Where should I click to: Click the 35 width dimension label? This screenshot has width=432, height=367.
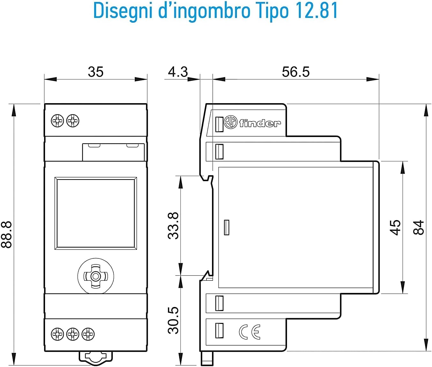pyautogui.click(x=95, y=72)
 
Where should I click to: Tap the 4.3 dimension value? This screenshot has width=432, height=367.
pyautogui.click(x=178, y=72)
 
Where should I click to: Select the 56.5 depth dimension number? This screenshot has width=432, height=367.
pyautogui.click(x=296, y=72)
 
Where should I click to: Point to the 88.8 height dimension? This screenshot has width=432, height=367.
pyautogui.click(x=6, y=235)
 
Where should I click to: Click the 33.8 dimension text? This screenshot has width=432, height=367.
pyautogui.click(x=173, y=226)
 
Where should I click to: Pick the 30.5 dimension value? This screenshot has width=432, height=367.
pyautogui.click(x=173, y=320)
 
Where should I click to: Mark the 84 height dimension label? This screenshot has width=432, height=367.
pyautogui.click(x=419, y=227)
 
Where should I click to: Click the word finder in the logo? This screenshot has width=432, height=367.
pyautogui.click(x=260, y=123)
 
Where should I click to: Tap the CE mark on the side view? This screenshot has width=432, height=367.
pyautogui.click(x=250, y=332)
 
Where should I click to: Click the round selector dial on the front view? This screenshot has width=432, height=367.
pyautogui.click(x=96, y=276)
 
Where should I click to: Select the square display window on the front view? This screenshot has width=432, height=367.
pyautogui.click(x=96, y=213)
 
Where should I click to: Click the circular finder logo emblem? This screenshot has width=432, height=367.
pyautogui.click(x=231, y=122)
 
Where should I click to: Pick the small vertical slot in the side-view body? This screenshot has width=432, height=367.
pyautogui.click(x=227, y=227)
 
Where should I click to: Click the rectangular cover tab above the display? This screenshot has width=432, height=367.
pyautogui.click(x=113, y=152)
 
